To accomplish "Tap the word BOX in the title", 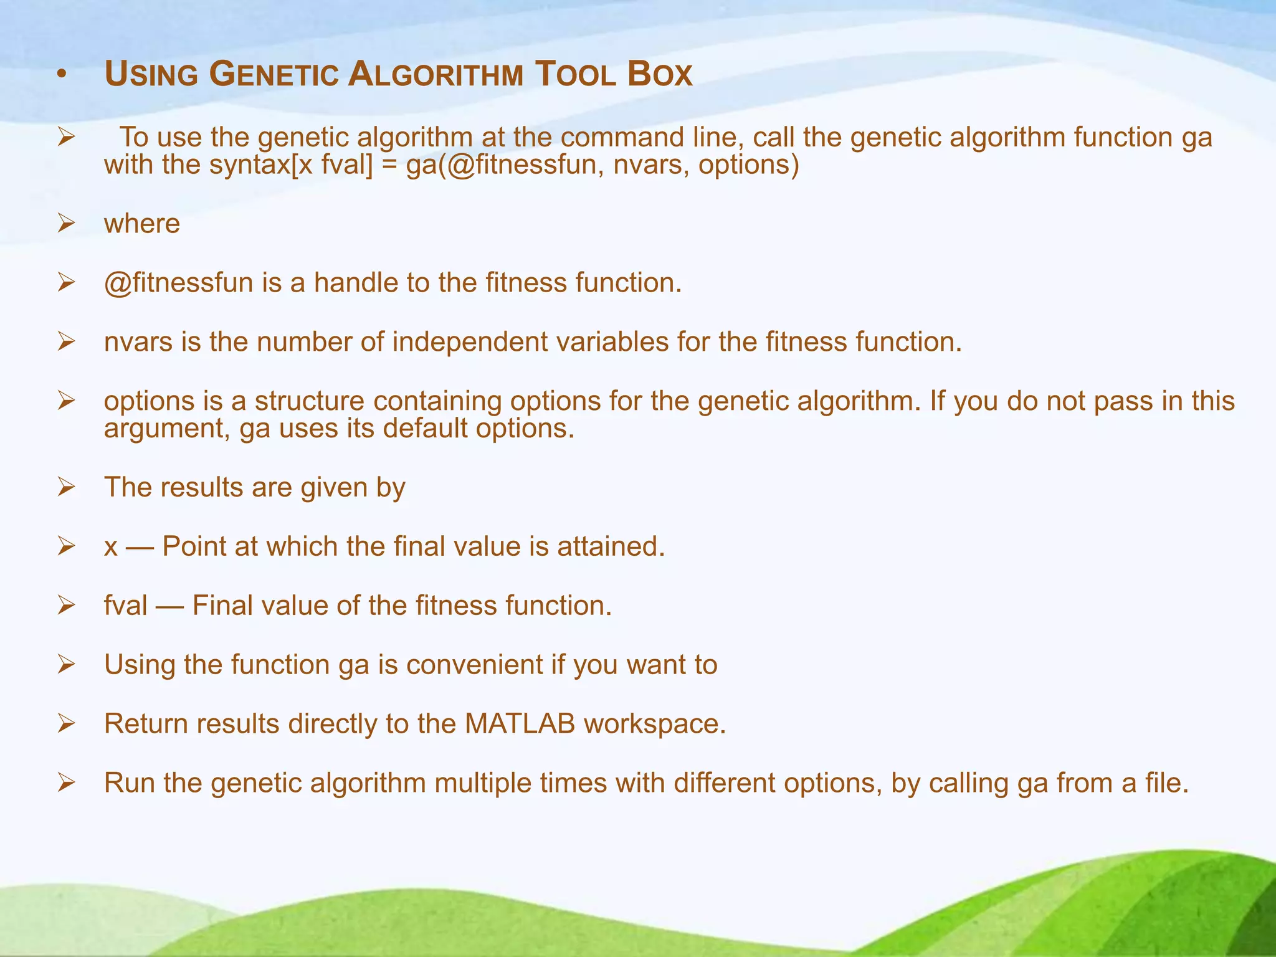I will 660,75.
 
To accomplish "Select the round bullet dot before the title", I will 60,76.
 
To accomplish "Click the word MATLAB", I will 520,724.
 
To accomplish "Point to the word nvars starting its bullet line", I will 138,342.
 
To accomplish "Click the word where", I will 142,224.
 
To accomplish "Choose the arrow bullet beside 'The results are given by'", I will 66,487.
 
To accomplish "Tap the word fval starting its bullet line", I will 126,606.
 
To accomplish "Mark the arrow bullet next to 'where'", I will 66,224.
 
